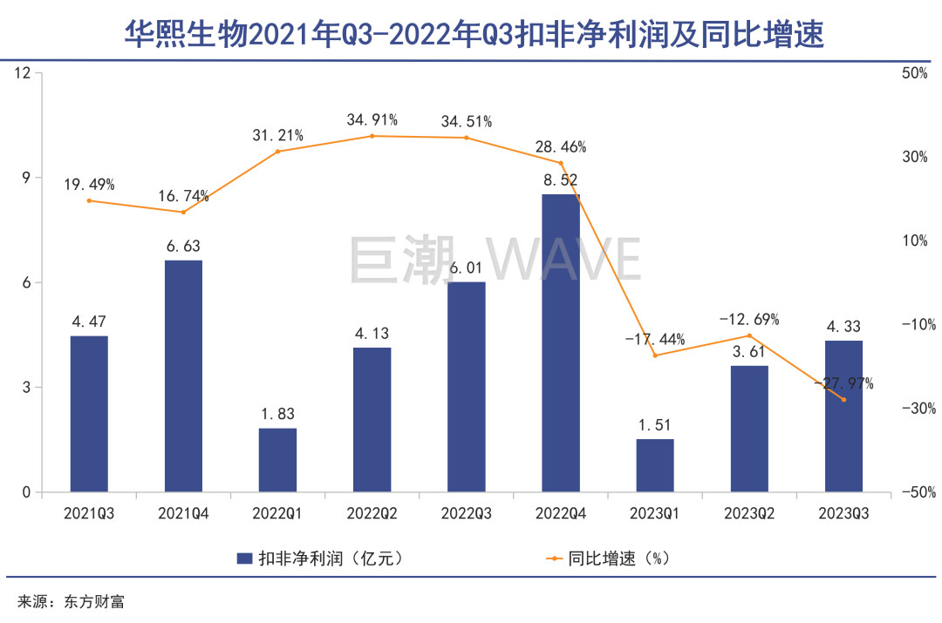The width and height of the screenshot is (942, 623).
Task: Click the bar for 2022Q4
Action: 561,343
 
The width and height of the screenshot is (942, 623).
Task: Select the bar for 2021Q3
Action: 89,414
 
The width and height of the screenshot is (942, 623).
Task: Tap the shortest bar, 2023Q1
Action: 655,465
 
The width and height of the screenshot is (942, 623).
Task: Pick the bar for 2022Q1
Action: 277,460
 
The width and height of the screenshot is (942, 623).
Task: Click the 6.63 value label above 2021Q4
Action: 183,247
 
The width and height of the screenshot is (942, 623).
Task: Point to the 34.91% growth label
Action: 372,119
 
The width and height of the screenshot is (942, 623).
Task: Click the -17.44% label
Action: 654,339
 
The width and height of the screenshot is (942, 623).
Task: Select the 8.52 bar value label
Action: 560,180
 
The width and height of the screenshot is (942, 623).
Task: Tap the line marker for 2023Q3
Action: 843,400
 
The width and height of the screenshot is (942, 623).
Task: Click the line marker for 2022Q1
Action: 277,152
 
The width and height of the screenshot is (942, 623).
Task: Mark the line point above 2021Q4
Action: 183,212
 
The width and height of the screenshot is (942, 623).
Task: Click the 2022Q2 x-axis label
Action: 372,513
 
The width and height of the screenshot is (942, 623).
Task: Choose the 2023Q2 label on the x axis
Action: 749,513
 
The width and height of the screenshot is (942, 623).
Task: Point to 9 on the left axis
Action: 25,178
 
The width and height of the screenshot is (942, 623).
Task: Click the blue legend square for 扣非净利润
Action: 244,558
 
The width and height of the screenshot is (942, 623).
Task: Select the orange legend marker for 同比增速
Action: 553,558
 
